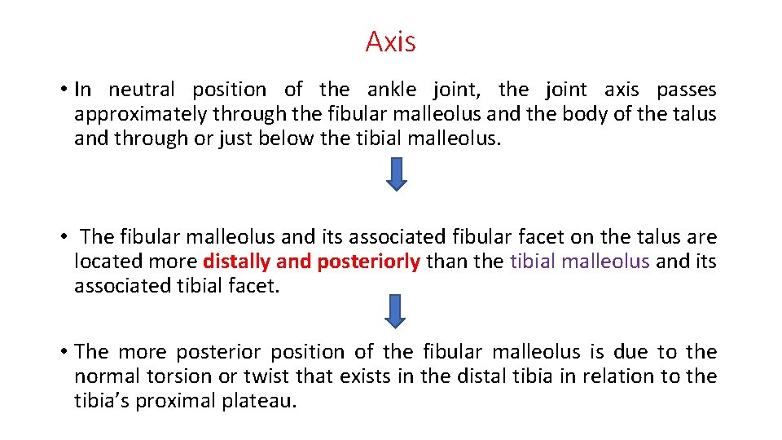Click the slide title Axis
pyautogui.click(x=390, y=42)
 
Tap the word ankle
pyautogui.click(x=394, y=90)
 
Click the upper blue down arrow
pyautogui.click(x=396, y=174)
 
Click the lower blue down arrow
pyautogui.click(x=396, y=311)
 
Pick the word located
pyautogui.click(x=105, y=262)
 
